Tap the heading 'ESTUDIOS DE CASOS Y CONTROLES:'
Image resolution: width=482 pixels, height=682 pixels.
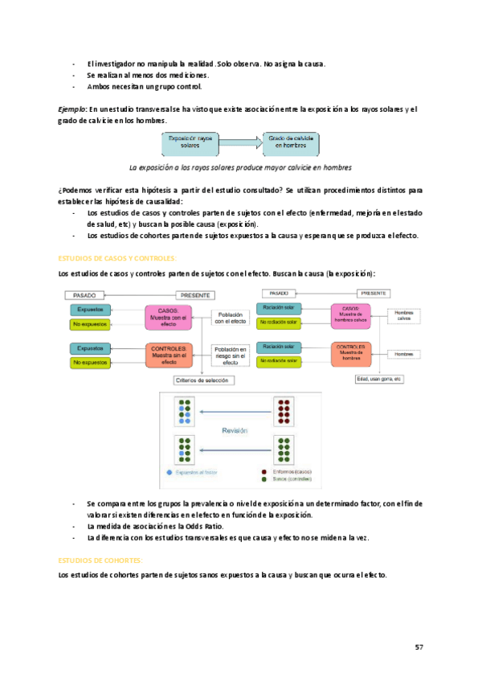117,258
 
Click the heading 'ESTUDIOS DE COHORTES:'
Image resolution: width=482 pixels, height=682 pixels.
101,560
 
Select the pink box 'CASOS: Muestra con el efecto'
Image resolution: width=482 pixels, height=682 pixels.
168,316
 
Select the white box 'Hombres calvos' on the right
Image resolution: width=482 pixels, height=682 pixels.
404,315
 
